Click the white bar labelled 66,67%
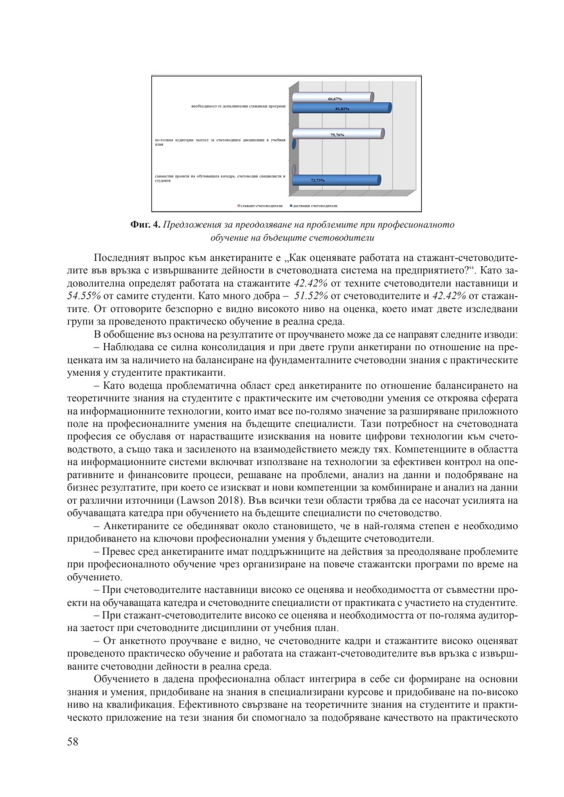coord(332,97)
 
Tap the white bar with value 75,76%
coord(337,134)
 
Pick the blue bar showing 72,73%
coord(335,180)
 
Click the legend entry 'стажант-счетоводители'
coord(262,206)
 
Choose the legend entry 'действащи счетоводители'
coord(315,206)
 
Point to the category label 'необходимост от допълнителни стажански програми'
coord(238,106)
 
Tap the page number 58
coord(73,742)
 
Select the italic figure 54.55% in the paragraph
coord(84,296)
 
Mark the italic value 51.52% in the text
coord(313,296)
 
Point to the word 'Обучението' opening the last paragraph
coord(121,679)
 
